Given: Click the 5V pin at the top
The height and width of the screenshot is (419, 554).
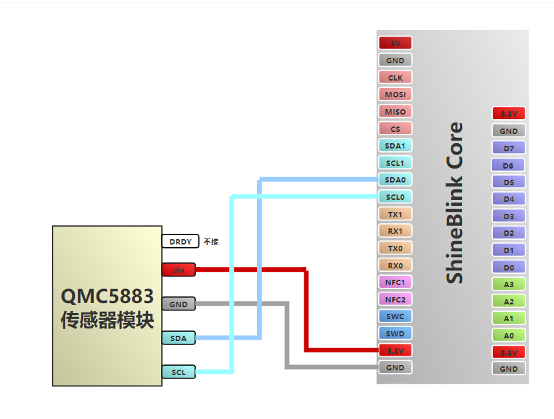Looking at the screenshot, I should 396,43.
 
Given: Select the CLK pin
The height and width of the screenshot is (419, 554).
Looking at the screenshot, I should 396,77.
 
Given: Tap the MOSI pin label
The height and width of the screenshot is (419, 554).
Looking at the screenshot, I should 396,95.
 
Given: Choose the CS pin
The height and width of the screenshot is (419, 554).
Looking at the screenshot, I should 396,129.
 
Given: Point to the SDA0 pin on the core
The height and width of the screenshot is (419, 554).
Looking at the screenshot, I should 396,180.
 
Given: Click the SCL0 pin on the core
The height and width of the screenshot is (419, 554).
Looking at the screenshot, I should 396,197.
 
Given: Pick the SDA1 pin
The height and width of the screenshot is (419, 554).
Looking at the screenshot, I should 396,145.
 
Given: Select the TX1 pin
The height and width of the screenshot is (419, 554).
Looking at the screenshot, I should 396,214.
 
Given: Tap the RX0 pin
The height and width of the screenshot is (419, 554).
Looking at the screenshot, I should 396,265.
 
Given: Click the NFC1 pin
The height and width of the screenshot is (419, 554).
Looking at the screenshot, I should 396,282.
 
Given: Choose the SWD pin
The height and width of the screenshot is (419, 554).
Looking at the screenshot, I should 396,333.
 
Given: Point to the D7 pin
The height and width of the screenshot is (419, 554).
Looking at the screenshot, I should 509,148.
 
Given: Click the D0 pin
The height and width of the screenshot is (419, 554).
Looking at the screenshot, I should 509,267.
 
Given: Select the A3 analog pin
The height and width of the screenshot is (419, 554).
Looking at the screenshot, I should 509,284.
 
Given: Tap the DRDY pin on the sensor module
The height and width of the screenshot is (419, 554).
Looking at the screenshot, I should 180,242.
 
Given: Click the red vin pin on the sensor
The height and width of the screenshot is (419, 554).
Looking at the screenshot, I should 178,270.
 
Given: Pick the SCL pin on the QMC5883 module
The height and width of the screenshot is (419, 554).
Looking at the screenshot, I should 178,372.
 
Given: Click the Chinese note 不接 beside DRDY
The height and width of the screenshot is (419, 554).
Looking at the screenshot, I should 211,242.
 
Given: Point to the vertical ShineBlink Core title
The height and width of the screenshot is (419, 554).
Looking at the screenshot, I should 455,203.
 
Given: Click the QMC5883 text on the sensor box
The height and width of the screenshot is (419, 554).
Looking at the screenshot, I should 107,296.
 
